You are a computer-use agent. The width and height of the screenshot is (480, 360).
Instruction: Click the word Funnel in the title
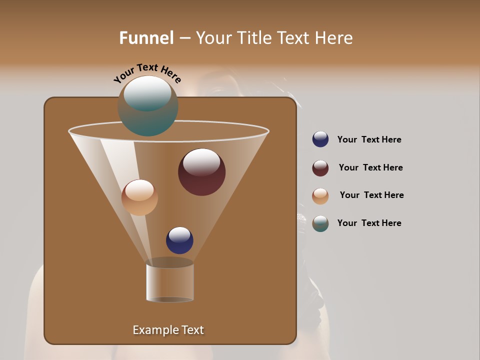pyautogui.click(x=146, y=38)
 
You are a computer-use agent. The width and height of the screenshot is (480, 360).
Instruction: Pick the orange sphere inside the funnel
pyautogui.click(x=139, y=197)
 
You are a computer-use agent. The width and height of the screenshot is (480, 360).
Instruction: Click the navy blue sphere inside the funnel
pyautogui.click(x=179, y=240)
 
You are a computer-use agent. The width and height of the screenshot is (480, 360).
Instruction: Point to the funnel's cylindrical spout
pyautogui.click(x=170, y=282)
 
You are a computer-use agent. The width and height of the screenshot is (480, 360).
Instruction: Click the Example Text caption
pyautogui.click(x=168, y=330)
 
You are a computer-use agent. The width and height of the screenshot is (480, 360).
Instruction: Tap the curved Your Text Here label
pyautogui.click(x=147, y=73)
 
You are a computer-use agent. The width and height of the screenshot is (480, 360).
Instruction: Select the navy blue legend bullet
pyautogui.click(x=320, y=139)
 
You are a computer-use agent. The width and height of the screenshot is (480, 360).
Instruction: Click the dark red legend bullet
pyautogui.click(x=320, y=168)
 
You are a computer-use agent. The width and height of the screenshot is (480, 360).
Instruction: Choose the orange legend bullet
pyautogui.click(x=320, y=196)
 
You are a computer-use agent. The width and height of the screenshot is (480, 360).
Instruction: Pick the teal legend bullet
pyautogui.click(x=320, y=223)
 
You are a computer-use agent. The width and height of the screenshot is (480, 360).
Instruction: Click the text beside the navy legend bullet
pyautogui.click(x=369, y=139)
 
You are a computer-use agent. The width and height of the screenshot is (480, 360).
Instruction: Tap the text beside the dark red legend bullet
pyautogui.click(x=370, y=167)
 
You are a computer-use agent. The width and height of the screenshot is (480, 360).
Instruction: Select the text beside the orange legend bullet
pyautogui.click(x=371, y=195)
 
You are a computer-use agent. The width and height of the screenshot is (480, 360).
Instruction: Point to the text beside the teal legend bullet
pyautogui.click(x=369, y=223)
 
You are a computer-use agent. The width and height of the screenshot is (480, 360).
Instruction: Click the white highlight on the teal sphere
pyautogui.click(x=147, y=92)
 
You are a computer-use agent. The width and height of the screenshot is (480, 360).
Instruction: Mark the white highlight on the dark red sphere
pyautogui.click(x=201, y=161)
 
